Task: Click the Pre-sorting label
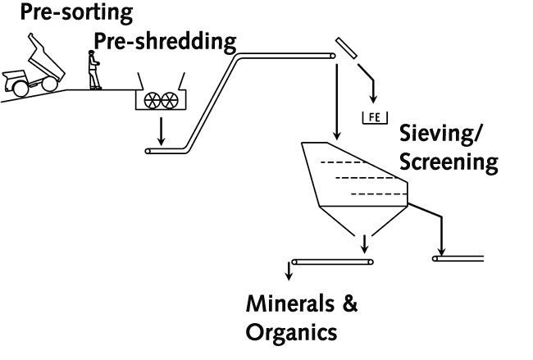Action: point(52,14)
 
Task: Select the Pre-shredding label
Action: point(165,41)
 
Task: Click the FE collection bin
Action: point(375,117)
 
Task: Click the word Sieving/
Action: point(446,134)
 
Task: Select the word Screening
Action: point(448,162)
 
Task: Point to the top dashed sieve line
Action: point(344,162)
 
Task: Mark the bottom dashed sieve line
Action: point(376,194)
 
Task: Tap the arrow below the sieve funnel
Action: point(363,242)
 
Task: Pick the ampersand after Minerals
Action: point(349,305)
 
